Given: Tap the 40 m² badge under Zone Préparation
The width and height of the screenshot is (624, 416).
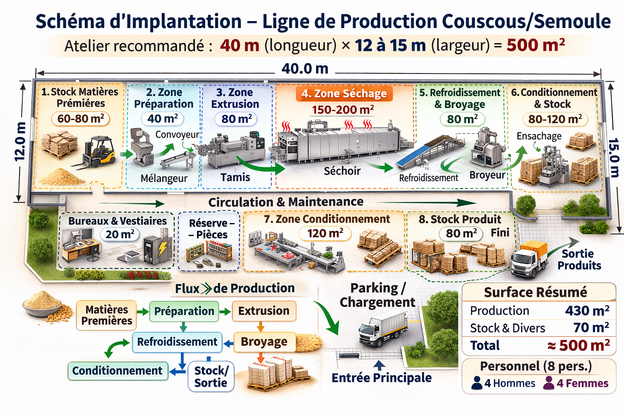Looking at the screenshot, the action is pyautogui.click(x=162, y=119).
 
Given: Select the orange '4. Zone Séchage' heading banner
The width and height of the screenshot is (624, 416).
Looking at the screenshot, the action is pyautogui.click(x=344, y=93).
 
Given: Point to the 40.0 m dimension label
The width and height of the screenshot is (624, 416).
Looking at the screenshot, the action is pyautogui.click(x=305, y=69).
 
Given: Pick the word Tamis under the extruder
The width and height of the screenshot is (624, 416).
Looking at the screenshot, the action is pyautogui.click(x=235, y=177).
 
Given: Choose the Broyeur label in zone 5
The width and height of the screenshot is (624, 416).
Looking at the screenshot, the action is pyautogui.click(x=487, y=175).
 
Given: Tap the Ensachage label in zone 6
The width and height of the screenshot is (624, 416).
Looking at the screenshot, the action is pyautogui.click(x=539, y=136).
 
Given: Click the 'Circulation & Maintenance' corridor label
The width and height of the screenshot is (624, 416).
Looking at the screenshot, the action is pyautogui.click(x=286, y=202).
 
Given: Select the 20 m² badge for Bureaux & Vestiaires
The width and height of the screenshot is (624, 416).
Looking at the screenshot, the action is pyautogui.click(x=120, y=234).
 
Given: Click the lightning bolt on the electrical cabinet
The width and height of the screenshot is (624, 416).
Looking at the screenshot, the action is pyautogui.click(x=162, y=249).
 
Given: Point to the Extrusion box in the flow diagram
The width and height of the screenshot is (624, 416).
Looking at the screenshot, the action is pyautogui.click(x=264, y=311).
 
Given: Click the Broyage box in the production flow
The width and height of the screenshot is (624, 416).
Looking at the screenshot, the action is pyautogui.click(x=264, y=342).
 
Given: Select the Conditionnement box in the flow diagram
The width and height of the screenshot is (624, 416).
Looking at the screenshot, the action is pyautogui.click(x=118, y=371).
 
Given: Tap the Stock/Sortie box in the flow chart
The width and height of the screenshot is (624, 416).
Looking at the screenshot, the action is pyautogui.click(x=211, y=377).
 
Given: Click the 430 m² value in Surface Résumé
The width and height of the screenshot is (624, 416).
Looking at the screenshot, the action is pyautogui.click(x=587, y=310).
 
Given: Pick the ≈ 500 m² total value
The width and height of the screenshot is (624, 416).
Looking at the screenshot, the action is pyautogui.click(x=578, y=345).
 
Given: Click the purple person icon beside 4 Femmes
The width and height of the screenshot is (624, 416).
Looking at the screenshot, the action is pyautogui.click(x=548, y=383).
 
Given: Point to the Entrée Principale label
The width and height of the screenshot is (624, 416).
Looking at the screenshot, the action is pyautogui.click(x=381, y=378).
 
